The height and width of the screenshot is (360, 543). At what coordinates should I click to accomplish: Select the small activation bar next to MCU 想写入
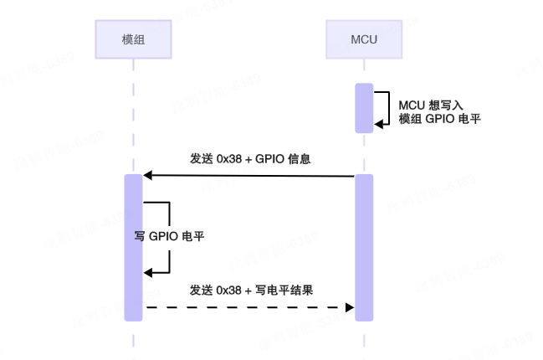tap(364, 108)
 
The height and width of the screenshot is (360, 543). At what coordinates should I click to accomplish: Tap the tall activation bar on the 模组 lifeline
tap(134, 247)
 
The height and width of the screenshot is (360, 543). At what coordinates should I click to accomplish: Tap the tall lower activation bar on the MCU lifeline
tap(364, 247)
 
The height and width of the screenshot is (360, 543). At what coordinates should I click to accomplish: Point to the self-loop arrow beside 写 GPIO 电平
tap(167, 237)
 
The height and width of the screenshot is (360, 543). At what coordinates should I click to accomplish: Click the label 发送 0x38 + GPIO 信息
tap(250, 158)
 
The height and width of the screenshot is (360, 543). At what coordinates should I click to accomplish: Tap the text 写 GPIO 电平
tap(170, 237)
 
